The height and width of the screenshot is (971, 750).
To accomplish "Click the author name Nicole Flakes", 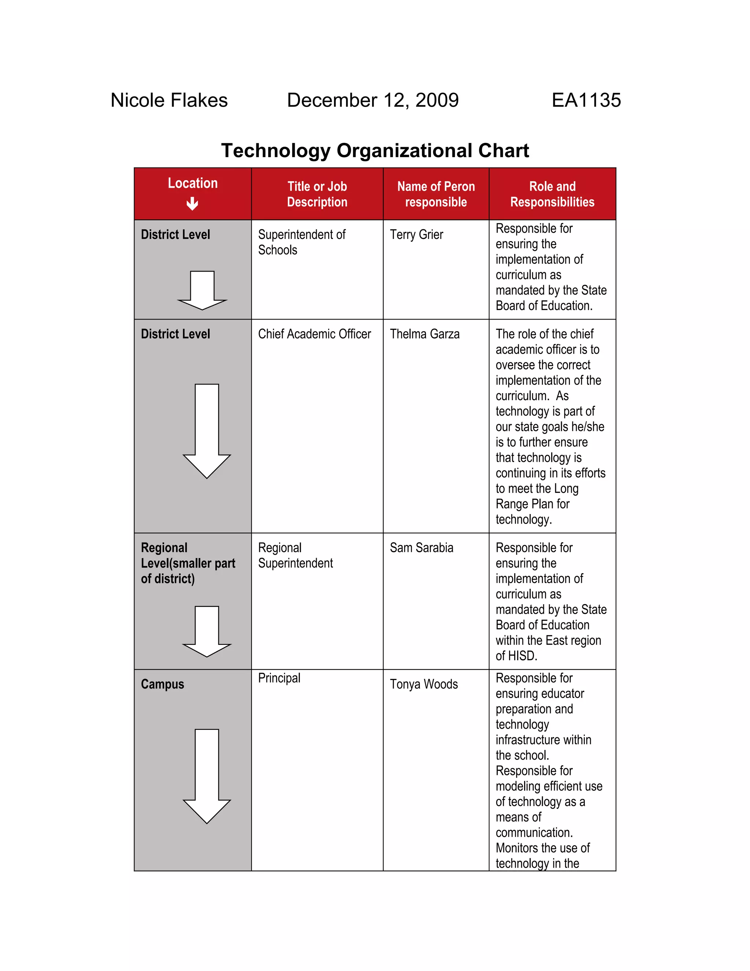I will (169, 100).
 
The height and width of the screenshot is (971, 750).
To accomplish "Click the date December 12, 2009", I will (372, 100).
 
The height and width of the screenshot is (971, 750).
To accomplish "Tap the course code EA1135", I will (586, 100).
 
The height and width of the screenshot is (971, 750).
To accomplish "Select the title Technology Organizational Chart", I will (375, 151).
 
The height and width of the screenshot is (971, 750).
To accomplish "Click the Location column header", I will (192, 183).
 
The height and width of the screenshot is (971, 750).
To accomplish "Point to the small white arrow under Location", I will (192, 204).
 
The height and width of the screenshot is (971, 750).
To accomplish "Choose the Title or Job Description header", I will (317, 194).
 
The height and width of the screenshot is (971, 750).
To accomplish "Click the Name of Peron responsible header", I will (435, 194).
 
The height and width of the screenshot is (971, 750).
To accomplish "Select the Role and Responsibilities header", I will (552, 194).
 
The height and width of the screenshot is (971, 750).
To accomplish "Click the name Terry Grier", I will (416, 235).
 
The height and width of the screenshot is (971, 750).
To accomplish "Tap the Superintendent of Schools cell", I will (301, 242).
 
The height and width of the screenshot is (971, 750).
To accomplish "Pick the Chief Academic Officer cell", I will (314, 334).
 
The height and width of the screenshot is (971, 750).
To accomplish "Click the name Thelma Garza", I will (424, 334).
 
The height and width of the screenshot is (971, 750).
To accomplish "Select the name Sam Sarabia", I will (421, 548).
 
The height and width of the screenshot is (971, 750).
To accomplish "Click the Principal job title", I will (279, 678).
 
